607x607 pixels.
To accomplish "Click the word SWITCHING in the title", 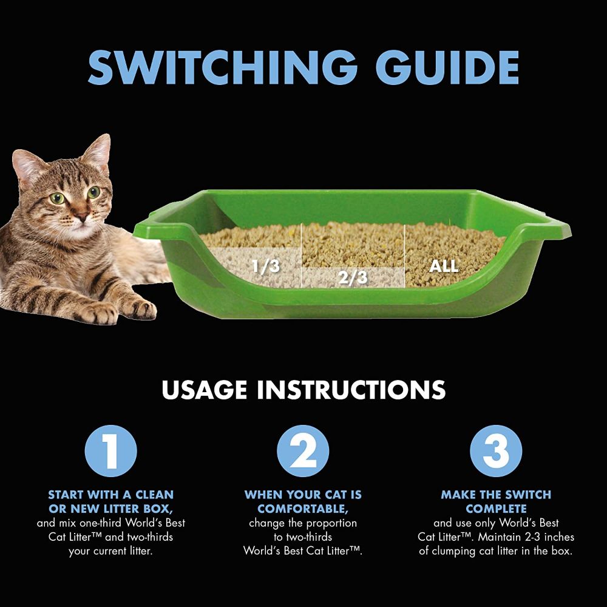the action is (x=223, y=68).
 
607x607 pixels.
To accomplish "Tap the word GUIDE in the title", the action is (x=447, y=68).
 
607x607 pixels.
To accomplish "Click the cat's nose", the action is (x=81, y=215).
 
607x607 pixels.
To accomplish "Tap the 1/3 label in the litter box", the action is (x=266, y=266).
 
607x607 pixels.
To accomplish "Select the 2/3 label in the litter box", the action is (x=352, y=277).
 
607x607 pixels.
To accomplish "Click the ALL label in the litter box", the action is (x=444, y=266).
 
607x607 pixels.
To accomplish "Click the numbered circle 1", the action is (x=110, y=450).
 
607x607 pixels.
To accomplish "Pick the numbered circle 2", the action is (x=303, y=450).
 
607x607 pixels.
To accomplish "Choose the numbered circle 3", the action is (x=496, y=450).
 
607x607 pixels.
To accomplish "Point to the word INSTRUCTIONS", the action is (x=351, y=390).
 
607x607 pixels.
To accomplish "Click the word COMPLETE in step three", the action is (x=496, y=509).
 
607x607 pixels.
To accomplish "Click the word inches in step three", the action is (x=559, y=537).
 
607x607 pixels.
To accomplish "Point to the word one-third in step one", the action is (x=101, y=523).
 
